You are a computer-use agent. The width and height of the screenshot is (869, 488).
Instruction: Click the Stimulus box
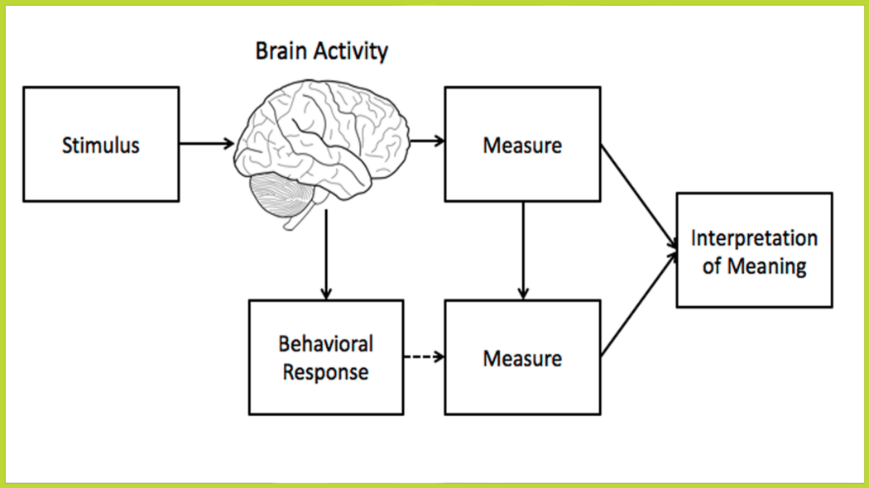[x=101, y=145]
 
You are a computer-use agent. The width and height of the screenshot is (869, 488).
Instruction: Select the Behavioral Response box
[x=326, y=357]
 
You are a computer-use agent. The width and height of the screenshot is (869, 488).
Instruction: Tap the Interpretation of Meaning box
[x=754, y=251]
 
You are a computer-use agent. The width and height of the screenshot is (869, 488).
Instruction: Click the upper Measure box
[x=522, y=145]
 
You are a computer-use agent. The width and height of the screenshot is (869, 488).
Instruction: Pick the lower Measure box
[x=522, y=357]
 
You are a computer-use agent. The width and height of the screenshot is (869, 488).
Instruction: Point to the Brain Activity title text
[x=321, y=51]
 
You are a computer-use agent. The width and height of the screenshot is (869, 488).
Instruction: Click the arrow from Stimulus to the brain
[x=206, y=144]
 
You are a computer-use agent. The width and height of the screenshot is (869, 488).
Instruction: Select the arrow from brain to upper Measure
[x=427, y=141]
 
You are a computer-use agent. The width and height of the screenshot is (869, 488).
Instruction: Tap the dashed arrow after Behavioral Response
[x=424, y=357]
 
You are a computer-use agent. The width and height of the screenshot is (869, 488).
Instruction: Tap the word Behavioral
[x=326, y=343]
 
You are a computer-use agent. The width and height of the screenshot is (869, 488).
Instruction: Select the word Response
[x=326, y=372]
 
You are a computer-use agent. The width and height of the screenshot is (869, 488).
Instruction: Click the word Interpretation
[x=754, y=238]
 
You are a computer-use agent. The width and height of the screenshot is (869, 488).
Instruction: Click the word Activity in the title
[x=352, y=51]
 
